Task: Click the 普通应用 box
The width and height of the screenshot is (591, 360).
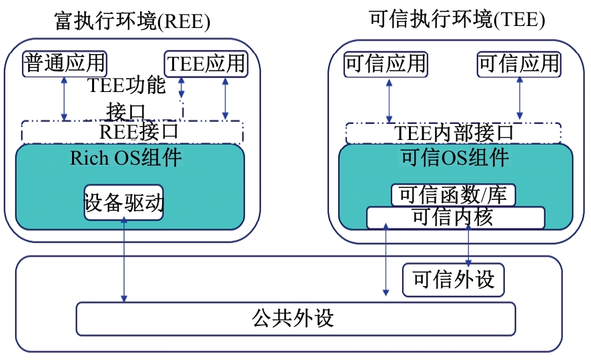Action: pos(65,63)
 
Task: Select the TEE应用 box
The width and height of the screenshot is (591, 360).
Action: pos(205,64)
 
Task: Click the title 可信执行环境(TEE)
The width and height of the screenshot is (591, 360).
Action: pos(456,20)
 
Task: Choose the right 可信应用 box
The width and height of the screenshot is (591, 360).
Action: pos(519,64)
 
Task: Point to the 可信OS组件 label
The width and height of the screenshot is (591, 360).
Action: pos(455,158)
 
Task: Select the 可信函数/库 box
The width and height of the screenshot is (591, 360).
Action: pos(453,195)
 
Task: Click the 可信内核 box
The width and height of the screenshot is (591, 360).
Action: pos(455,217)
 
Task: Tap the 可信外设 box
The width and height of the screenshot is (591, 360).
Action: pos(453,279)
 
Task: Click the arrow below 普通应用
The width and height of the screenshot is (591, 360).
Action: pos(65,99)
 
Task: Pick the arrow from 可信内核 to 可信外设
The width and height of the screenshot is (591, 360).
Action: pos(468,247)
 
